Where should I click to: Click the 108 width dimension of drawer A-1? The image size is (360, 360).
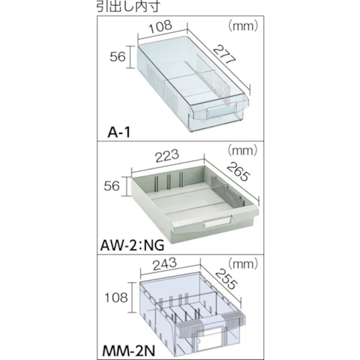(x=160, y=26)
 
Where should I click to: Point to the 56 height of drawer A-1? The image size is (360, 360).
(x=117, y=57)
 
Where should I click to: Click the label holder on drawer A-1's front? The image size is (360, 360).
(x=221, y=112)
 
